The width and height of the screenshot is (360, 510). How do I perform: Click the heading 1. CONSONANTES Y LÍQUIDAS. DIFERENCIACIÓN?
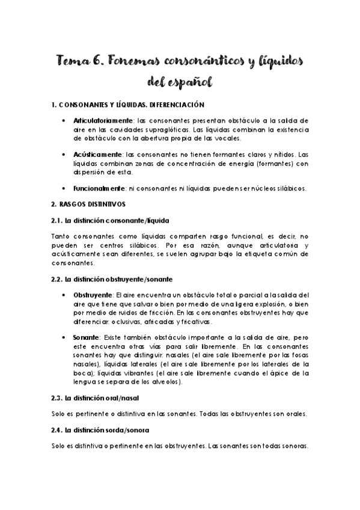[129, 105]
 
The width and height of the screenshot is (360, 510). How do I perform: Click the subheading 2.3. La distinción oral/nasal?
[97, 398]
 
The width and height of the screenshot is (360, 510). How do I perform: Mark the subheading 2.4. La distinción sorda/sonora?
[102, 431]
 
